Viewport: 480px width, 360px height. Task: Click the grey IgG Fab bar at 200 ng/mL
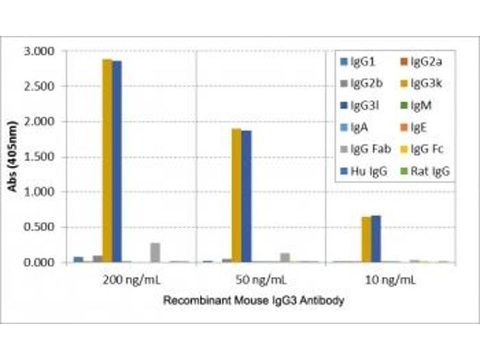(x=155, y=253)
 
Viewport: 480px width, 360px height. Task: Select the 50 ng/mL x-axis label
(x=262, y=280)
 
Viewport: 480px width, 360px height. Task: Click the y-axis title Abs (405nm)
(x=12, y=157)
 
